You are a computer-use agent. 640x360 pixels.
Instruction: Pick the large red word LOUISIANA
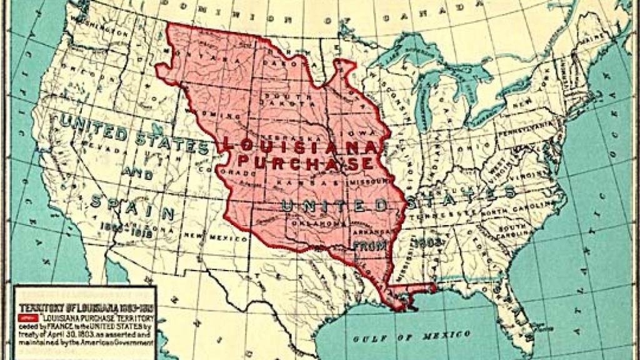click(300, 147)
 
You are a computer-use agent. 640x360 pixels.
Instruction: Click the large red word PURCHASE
click(305, 164)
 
